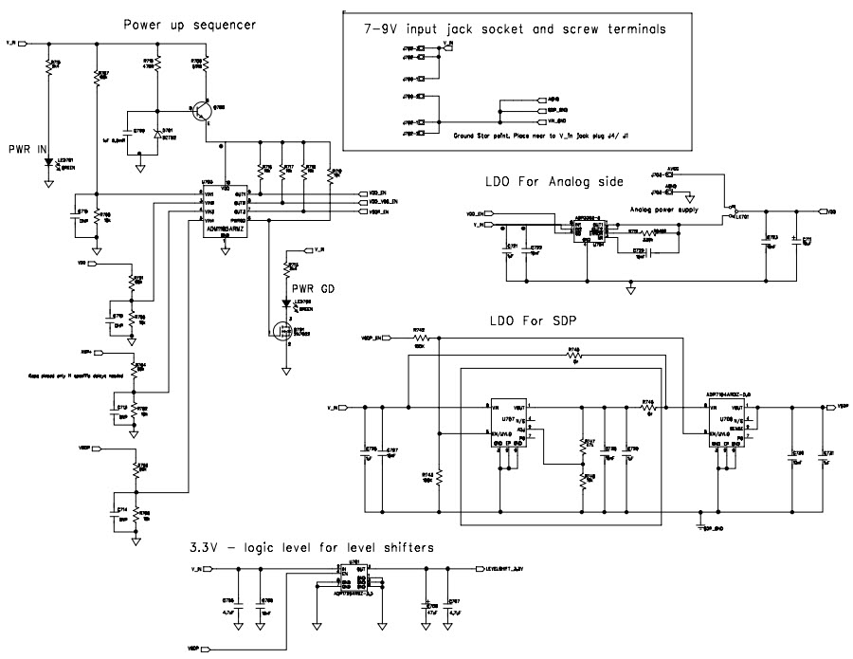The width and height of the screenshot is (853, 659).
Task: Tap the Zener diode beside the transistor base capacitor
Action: point(158,134)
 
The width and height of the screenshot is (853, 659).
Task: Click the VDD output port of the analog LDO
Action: point(828,211)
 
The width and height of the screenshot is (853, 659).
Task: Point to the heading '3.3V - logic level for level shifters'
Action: point(313,547)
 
